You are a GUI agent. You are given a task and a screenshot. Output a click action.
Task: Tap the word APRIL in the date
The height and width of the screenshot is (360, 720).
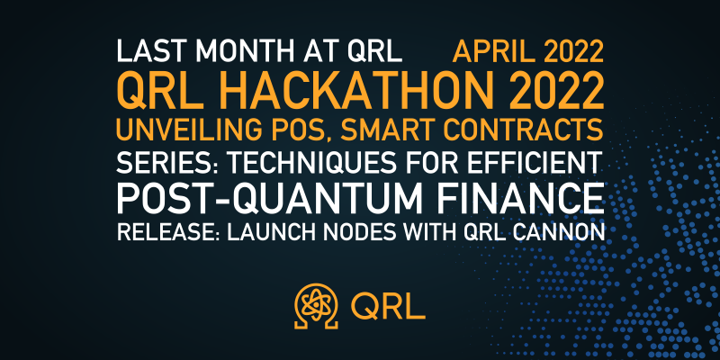(491, 52)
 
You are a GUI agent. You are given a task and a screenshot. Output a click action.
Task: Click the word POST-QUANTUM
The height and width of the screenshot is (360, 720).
(269, 198)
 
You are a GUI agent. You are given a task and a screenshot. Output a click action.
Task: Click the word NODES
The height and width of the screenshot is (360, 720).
(338, 232)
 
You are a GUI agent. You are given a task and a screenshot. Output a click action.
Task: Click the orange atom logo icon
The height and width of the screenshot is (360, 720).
(317, 305)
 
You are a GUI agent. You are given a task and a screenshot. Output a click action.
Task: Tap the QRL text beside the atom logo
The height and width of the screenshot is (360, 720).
(388, 306)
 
